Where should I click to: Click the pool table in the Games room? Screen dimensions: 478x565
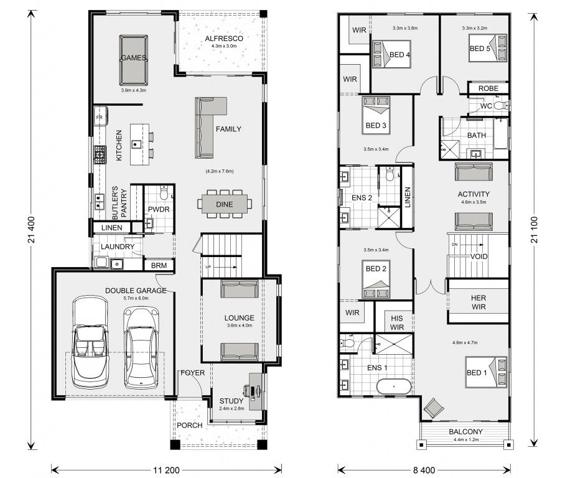[133, 60]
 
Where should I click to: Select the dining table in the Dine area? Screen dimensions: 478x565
[223, 204]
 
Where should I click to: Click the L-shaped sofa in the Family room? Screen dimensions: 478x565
[208, 125]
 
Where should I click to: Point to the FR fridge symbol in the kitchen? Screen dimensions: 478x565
[99, 116]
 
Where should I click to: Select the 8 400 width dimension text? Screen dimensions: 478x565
[423, 469]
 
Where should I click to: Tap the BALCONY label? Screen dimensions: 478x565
[465, 432]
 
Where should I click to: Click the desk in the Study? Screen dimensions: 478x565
[256, 391]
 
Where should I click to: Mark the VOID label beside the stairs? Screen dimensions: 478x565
[479, 256]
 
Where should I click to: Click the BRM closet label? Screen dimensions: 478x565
[157, 265]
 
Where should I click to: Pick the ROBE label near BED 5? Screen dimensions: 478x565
[488, 89]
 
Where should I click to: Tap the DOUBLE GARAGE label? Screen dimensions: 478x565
[135, 291]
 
